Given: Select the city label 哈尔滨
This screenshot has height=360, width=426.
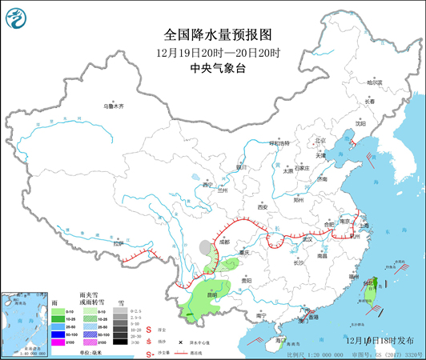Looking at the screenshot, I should point(375,82).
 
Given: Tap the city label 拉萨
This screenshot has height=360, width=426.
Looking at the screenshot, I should point(120,242).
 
